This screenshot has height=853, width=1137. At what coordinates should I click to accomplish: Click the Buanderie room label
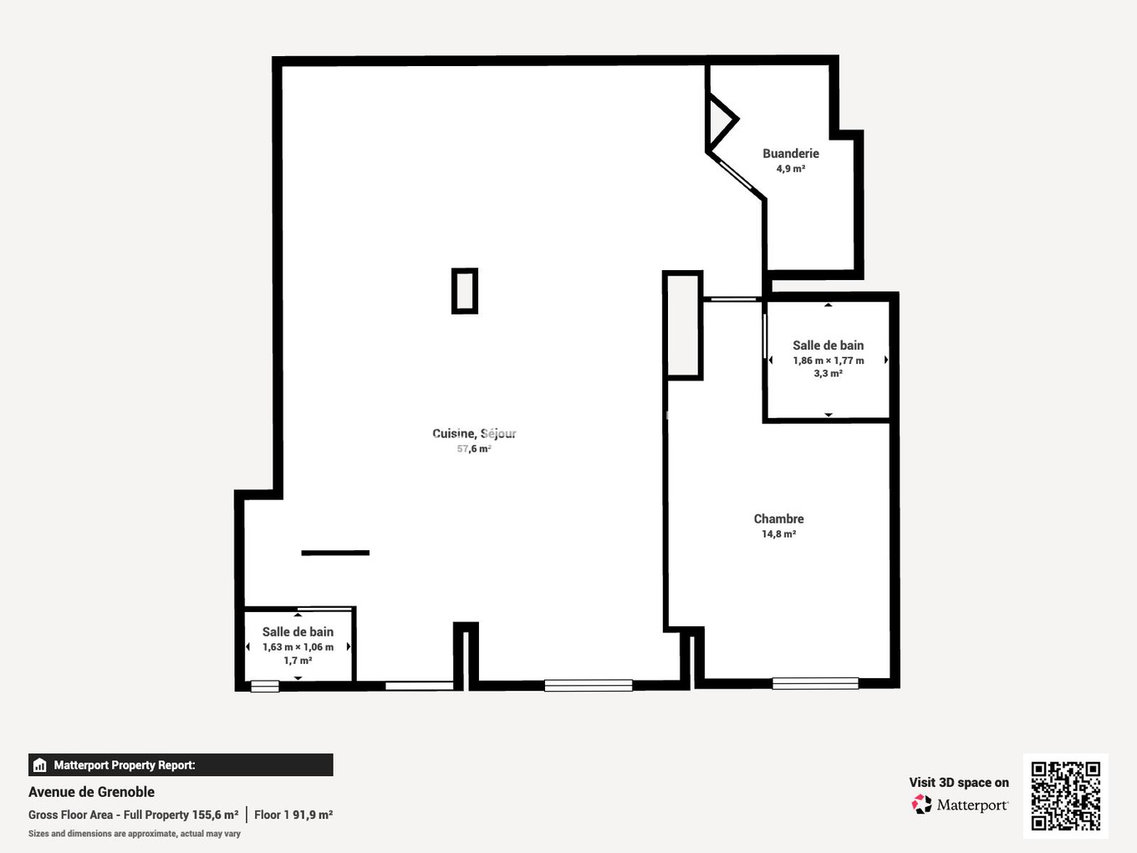pyautogui.click(x=790, y=154)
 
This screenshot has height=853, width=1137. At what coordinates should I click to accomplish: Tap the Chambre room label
pyautogui.click(x=778, y=519)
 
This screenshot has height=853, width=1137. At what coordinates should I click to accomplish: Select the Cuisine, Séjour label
pyautogui.click(x=474, y=433)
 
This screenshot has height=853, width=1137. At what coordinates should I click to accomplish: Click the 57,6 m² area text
pyautogui.click(x=474, y=449)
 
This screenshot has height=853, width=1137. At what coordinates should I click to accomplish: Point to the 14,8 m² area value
pyautogui.click(x=778, y=534)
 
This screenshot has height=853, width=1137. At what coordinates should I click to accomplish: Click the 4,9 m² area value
pyautogui.click(x=790, y=169)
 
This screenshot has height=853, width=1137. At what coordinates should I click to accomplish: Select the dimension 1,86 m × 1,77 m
pyautogui.click(x=828, y=360)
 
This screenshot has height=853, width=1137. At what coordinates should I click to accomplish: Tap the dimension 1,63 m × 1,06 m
pyautogui.click(x=298, y=647)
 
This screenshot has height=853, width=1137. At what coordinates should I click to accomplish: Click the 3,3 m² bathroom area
pyautogui.click(x=828, y=374)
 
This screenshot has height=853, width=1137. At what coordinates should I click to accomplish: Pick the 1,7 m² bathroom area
pyautogui.click(x=298, y=661)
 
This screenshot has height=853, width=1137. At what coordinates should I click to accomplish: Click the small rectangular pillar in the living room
pyautogui.click(x=465, y=291)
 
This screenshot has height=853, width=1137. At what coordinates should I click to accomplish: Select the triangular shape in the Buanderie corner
pyautogui.click(x=720, y=121)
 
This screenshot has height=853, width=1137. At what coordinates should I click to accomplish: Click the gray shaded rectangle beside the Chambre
pyautogui.click(x=683, y=325)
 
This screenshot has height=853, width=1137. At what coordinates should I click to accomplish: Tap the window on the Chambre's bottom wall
pyautogui.click(x=815, y=683)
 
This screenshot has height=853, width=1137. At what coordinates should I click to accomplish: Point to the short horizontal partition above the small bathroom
pyautogui.click(x=335, y=553)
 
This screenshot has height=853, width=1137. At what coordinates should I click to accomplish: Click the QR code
pyautogui.click(x=1065, y=795)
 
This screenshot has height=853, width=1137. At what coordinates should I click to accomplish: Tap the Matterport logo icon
pyautogui.click(x=921, y=804)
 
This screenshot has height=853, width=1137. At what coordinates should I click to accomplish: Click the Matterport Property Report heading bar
pyautogui.click(x=181, y=765)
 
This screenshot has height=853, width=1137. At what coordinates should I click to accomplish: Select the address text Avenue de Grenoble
pyautogui.click(x=91, y=792)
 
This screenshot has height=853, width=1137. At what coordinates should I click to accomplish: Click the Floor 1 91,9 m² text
pyautogui.click(x=293, y=815)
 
